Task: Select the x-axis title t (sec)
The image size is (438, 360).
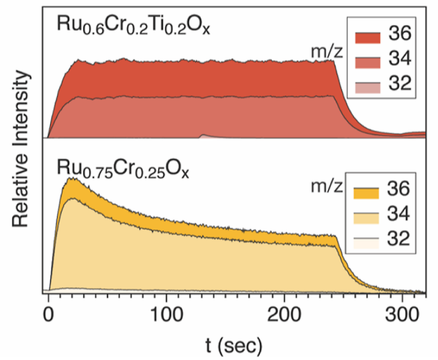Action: pos(236,343)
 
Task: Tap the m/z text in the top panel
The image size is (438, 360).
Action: pos(322,52)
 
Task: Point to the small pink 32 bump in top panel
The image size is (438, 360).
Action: pos(203,136)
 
